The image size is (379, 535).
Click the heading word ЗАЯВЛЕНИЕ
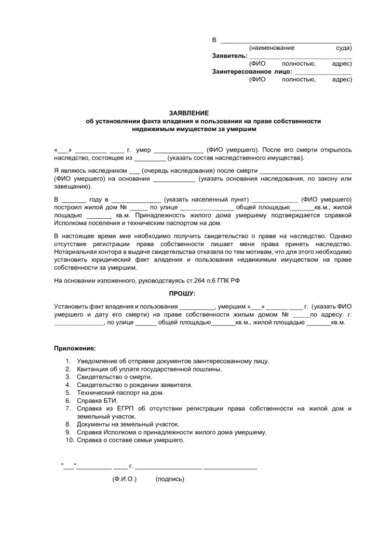pyautogui.click(x=189, y=112)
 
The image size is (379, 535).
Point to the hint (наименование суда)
pyautogui.click(x=300, y=48)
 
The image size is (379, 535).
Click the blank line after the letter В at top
pyautogui.click(x=286, y=40)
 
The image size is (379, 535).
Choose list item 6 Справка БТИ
pyautogui.click(x=98, y=401)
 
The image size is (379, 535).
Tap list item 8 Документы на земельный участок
pyautogui.click(x=128, y=424)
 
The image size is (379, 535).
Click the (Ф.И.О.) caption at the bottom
pyautogui.click(x=124, y=479)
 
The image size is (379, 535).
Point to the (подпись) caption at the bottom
pyautogui.click(x=169, y=479)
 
